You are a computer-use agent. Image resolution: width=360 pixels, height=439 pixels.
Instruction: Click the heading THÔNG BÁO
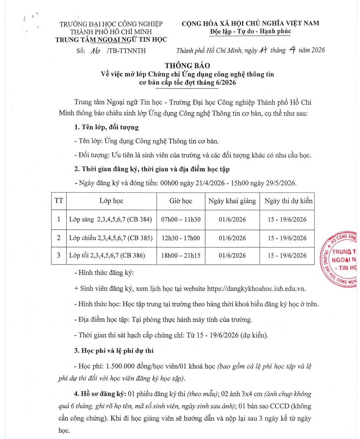click(188, 66)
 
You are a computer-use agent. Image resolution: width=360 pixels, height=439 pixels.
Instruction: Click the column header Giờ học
click(181, 201)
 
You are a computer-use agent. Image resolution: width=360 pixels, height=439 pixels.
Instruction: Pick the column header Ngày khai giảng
click(232, 201)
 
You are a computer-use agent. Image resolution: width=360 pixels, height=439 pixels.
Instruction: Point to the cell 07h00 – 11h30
click(181, 219)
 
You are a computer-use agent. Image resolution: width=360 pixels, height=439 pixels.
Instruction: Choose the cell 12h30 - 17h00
click(181, 238)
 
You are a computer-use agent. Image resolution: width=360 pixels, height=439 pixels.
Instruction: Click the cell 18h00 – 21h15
click(181, 255)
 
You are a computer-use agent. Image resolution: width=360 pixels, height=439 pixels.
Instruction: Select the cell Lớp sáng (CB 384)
click(110, 219)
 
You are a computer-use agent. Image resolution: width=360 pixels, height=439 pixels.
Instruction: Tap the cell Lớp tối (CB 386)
click(107, 255)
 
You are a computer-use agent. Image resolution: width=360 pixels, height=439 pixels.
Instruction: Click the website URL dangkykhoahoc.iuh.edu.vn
click(256, 288)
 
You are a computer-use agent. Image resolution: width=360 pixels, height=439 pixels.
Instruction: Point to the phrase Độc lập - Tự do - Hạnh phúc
click(250, 31)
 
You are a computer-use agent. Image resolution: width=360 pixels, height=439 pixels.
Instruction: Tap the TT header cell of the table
click(58, 201)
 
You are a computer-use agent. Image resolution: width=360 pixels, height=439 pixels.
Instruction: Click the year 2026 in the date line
click(317, 50)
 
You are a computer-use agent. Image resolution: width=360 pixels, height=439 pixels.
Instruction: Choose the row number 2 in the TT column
click(59, 238)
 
